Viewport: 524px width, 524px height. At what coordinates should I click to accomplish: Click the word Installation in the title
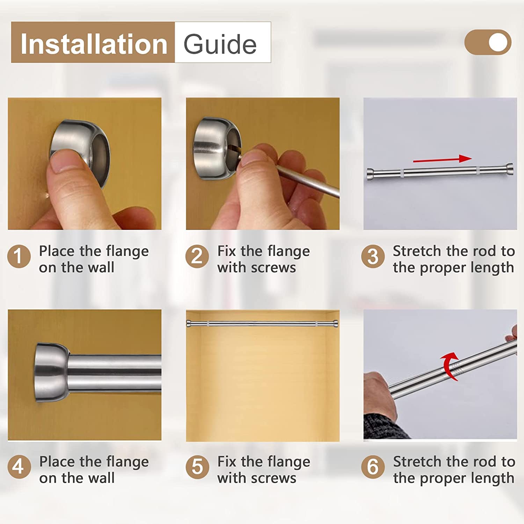(94, 44)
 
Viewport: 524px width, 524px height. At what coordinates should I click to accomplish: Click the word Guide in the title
(220, 44)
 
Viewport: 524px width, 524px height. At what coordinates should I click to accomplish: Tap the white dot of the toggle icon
(498, 42)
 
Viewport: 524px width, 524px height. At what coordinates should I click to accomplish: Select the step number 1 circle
(19, 256)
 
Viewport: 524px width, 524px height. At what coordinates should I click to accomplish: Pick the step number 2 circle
(197, 256)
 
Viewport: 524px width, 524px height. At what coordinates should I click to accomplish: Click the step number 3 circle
(373, 256)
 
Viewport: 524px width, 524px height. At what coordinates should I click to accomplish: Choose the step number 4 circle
(19, 467)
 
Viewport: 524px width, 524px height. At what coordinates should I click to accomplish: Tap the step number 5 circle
(197, 467)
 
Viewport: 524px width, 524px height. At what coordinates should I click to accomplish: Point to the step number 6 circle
(373, 467)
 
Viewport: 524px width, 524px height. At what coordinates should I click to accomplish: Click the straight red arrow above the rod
(442, 159)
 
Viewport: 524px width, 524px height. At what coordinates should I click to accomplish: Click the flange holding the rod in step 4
(52, 372)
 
